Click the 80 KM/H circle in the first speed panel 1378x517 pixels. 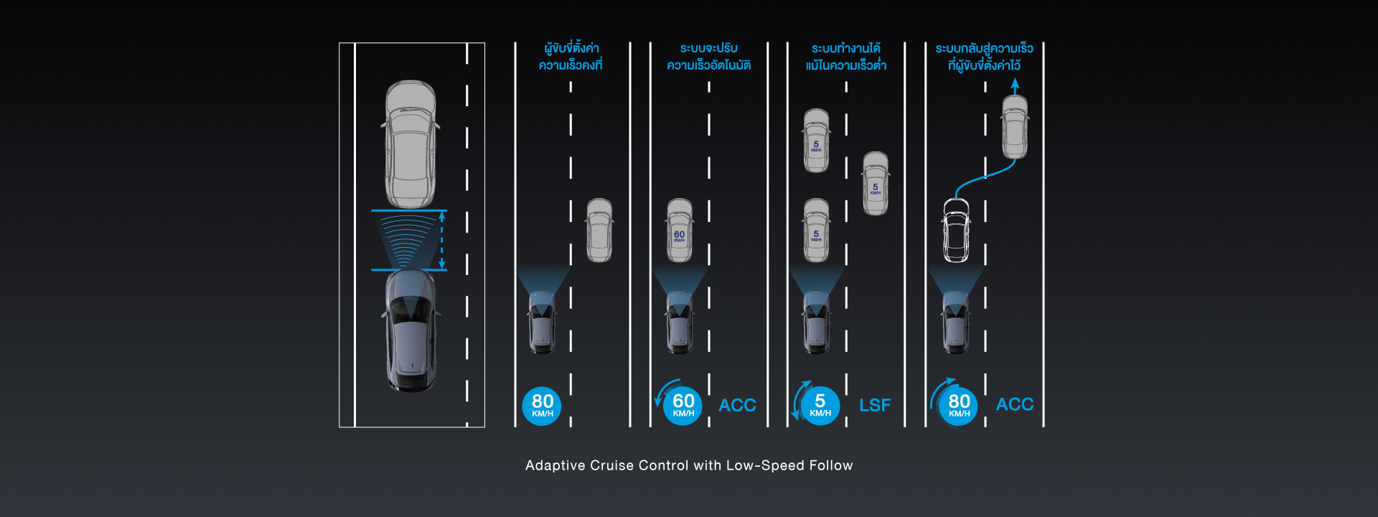542,406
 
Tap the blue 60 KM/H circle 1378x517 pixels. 683,406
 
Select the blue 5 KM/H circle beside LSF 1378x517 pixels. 820,406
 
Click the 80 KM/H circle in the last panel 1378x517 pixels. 959,406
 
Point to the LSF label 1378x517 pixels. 875,406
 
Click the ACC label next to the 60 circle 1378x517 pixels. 737,406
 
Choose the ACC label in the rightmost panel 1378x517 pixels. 1014,405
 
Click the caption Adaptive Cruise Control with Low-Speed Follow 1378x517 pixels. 689,465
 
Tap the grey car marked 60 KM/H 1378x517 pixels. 680,230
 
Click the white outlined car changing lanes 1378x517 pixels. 956,230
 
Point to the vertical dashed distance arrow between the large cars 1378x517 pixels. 441,240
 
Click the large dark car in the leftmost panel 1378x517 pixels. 411,330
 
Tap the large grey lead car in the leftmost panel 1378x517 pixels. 411,144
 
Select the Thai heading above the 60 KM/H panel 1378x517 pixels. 708,57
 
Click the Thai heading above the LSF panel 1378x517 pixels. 846,57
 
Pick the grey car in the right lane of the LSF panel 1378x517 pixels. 876,183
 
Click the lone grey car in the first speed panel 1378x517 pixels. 599,230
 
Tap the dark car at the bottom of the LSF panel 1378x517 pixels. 817,322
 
